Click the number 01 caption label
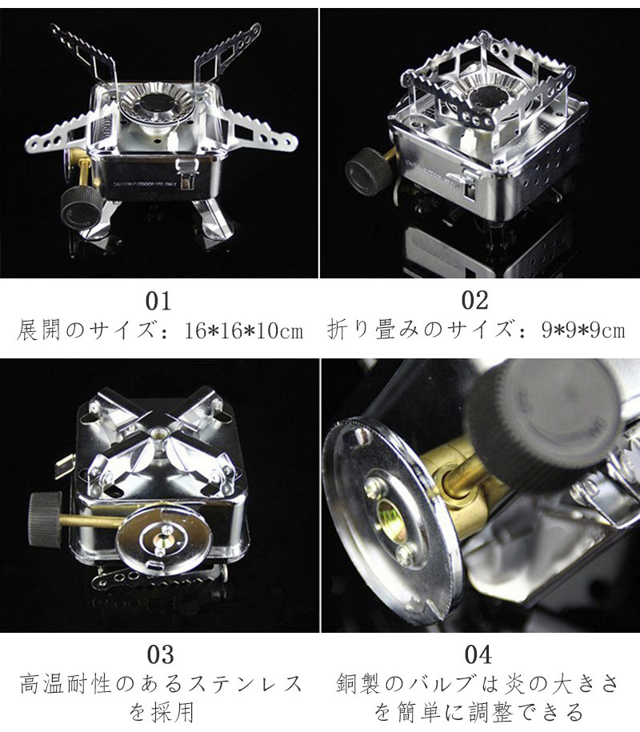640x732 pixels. point(158,302)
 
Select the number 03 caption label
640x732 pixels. point(160,654)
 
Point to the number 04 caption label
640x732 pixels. point(477,654)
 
